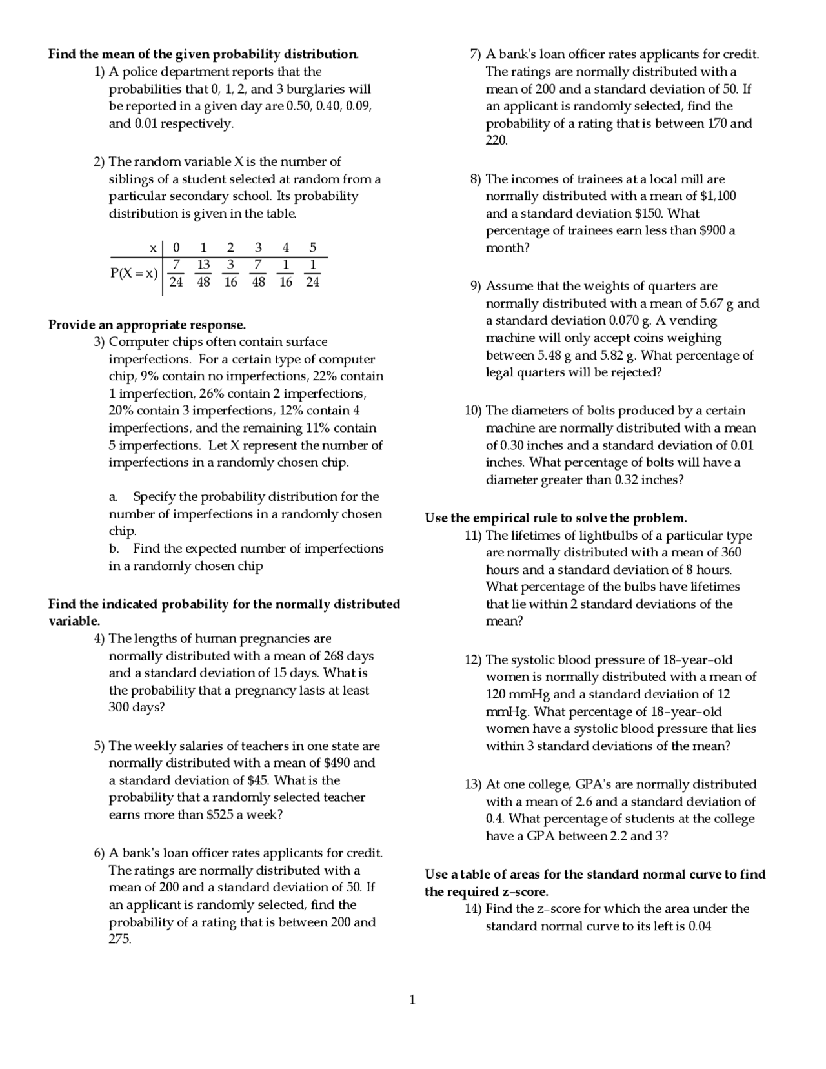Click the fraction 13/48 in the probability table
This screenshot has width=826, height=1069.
coord(203,273)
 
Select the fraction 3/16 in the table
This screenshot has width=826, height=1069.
coord(230,273)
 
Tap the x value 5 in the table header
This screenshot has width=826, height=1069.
coord(313,247)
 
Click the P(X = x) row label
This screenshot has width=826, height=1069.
coord(134,273)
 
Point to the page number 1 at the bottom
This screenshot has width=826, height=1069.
coord(412,1001)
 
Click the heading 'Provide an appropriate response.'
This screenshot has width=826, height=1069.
coord(146,325)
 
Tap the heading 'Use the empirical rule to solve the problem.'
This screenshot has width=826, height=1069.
coord(555,518)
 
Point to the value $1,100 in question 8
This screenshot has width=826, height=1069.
coord(715,196)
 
